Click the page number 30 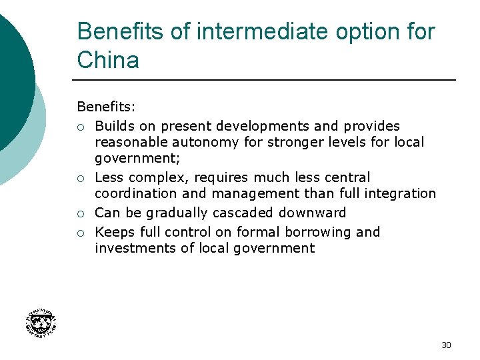[x=446, y=345]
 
